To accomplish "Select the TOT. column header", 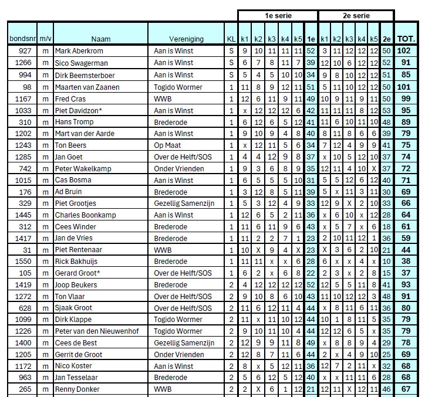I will coord(406,39).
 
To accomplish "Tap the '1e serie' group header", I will coord(277,16).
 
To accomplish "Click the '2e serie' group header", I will coord(355,16).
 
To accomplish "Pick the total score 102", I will coord(404,52).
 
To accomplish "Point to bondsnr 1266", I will coord(23,63).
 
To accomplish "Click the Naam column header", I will coord(100,39).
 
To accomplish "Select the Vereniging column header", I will coord(186,39).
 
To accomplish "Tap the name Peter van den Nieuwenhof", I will coord(97,331).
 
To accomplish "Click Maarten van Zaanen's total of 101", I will coord(404,87).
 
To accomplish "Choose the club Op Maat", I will coord(167,145).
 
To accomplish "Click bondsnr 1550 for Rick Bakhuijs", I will coord(23,262).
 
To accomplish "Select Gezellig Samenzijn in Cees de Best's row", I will coord(184,343).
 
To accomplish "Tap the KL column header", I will coord(231,39).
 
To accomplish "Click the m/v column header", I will coord(46,39).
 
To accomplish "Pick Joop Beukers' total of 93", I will coord(404,285).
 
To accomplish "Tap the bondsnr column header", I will coord(22,39).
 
